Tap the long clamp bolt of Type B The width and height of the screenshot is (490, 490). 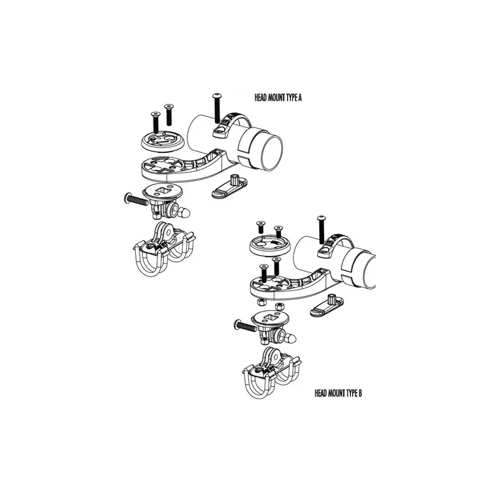[x=320, y=229]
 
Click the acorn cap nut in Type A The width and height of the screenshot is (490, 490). [x=186, y=212]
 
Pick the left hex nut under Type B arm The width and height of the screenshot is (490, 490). [x=259, y=302]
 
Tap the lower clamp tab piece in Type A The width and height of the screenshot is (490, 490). [x=230, y=186]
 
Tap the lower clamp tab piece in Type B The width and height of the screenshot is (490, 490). [x=329, y=305]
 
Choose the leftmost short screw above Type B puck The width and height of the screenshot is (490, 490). [x=259, y=227]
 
